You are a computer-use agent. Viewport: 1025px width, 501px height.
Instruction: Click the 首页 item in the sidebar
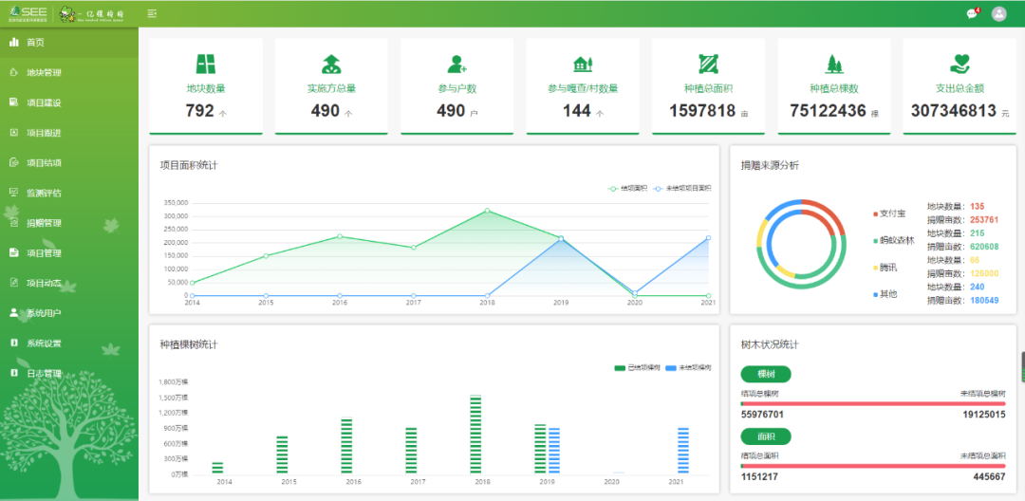click(x=34, y=43)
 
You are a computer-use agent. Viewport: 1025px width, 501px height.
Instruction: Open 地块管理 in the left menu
click(x=44, y=72)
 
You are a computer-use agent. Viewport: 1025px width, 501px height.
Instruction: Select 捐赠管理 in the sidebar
click(x=44, y=223)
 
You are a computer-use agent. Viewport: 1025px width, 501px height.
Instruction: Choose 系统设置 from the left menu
click(x=44, y=343)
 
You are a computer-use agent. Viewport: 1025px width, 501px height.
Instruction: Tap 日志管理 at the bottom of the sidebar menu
click(x=44, y=374)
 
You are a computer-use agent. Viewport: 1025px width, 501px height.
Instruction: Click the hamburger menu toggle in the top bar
click(x=153, y=13)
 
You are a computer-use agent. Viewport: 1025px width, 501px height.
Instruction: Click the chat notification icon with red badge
click(x=972, y=13)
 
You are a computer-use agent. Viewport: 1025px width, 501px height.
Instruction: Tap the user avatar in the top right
click(x=998, y=13)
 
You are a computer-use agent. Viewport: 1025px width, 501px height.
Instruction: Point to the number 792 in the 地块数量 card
click(x=199, y=111)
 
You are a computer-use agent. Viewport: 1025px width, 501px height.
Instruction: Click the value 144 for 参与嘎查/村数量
click(x=576, y=111)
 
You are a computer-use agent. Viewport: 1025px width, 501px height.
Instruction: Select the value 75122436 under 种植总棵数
click(x=828, y=111)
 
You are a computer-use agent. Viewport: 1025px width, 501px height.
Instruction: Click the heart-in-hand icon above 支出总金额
click(x=960, y=64)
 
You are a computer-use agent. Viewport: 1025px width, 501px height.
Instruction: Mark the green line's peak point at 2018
click(x=487, y=211)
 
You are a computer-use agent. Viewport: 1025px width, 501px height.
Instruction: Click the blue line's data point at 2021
click(x=708, y=238)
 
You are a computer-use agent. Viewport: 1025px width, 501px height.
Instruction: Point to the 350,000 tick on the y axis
click(x=175, y=203)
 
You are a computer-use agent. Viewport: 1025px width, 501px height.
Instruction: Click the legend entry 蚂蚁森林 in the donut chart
click(x=896, y=240)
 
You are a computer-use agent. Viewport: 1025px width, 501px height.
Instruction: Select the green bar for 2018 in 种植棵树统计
click(x=475, y=434)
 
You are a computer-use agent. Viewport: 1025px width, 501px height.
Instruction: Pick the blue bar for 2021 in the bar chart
click(x=682, y=450)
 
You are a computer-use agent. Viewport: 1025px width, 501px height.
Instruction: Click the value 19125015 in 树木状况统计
click(x=982, y=415)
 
